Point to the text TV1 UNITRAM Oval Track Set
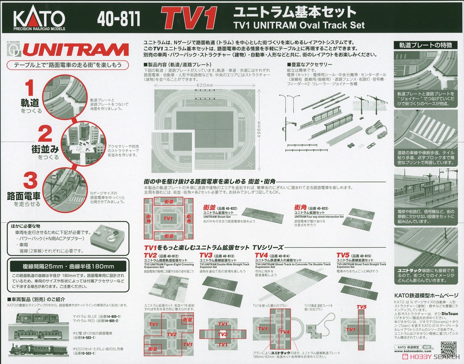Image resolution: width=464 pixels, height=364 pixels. click(299, 26)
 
